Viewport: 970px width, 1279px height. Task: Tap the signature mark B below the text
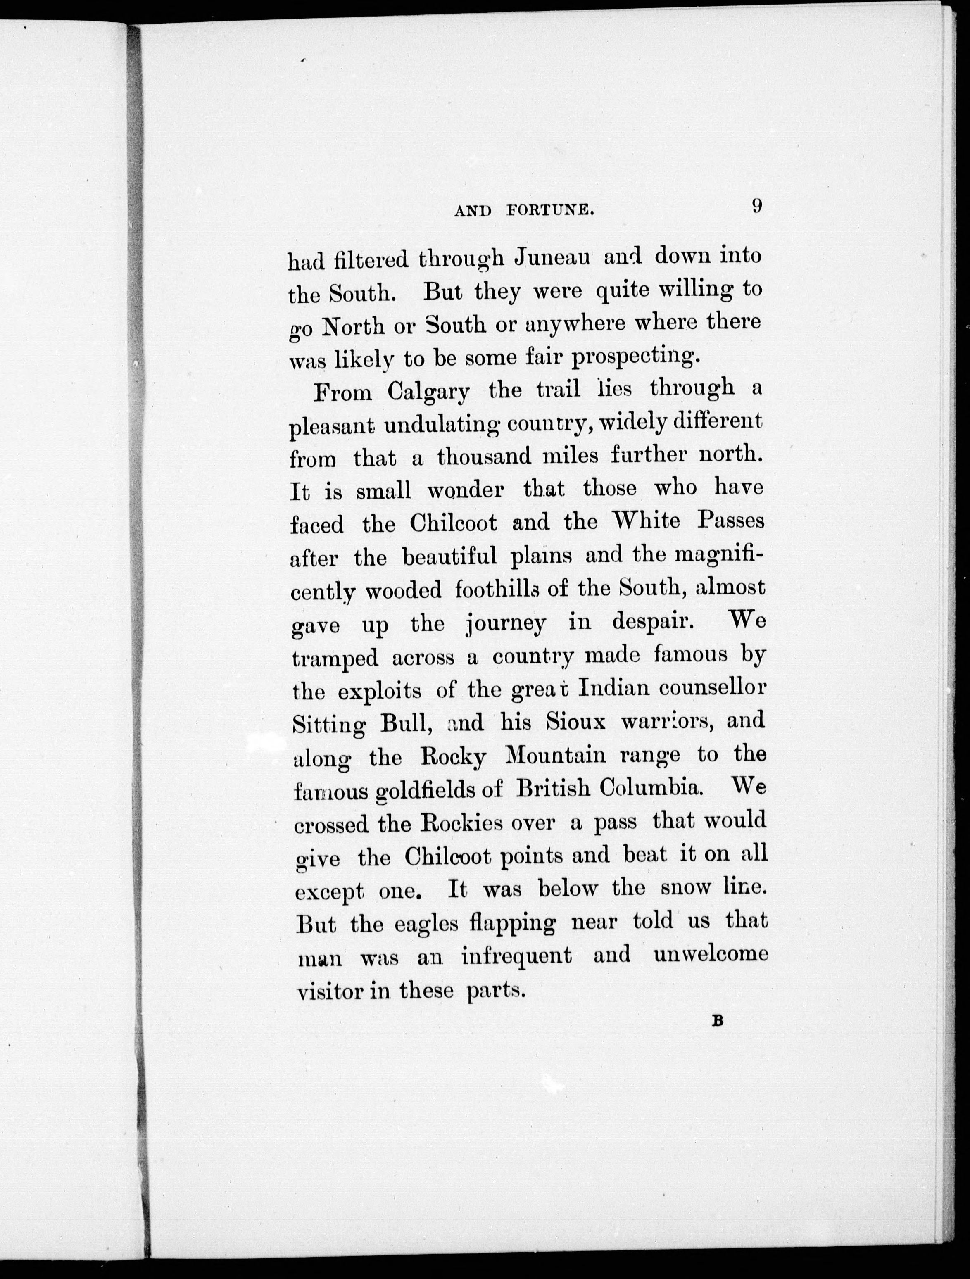tap(718, 1037)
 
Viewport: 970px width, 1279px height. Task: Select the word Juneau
tap(552, 257)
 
